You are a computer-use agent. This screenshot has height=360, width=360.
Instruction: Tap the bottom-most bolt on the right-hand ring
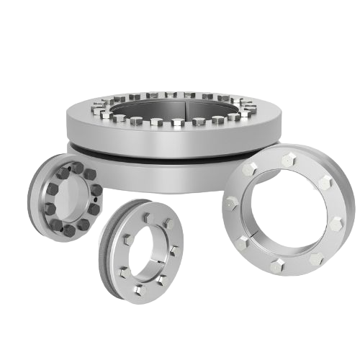[x=276, y=267]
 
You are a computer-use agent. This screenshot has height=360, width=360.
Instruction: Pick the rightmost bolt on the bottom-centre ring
[x=174, y=250]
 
